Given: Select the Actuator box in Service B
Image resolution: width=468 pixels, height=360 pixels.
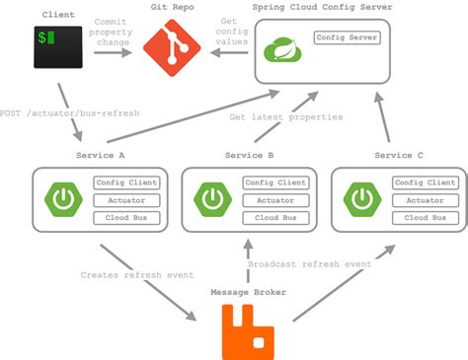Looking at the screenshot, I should (273, 200).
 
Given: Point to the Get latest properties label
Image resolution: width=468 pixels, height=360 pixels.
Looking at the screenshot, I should (286, 117).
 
